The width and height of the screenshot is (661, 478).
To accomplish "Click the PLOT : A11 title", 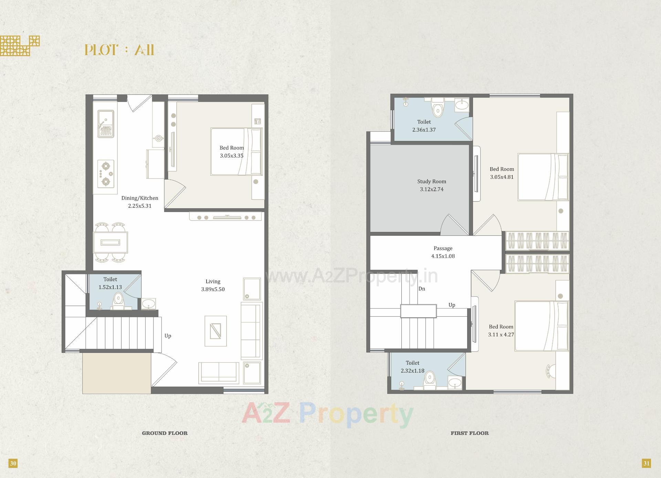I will pos(119,50).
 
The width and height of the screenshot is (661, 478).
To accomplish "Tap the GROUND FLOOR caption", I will pos(165,433).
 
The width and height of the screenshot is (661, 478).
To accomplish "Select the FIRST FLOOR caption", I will pos(470,433).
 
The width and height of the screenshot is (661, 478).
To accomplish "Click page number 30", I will pos(13,463).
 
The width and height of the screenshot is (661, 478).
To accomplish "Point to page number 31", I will pos(646,463).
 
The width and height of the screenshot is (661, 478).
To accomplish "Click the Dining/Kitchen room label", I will pos(140,198).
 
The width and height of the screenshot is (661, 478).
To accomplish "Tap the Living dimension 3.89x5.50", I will pos(213,289).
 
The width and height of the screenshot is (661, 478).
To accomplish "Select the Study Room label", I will pos(432,181).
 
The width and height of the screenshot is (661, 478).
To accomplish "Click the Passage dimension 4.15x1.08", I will pos(443,256).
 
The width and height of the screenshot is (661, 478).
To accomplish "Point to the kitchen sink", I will pos(105,124).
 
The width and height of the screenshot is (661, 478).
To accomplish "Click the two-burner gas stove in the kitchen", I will pos(106,174).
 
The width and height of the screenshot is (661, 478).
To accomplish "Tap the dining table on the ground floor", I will pos(111,242).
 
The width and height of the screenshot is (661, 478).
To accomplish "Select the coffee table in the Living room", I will pos(216,331).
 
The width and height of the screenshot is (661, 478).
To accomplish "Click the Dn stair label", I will pos(422,289).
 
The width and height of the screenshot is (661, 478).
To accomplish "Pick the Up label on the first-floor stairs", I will pos(452,305).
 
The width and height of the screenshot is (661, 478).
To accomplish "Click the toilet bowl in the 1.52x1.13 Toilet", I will pos(118,300).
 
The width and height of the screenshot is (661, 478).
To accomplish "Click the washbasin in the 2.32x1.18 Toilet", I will pos(455,382).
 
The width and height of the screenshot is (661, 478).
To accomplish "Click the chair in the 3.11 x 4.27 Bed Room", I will pos(550,371).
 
